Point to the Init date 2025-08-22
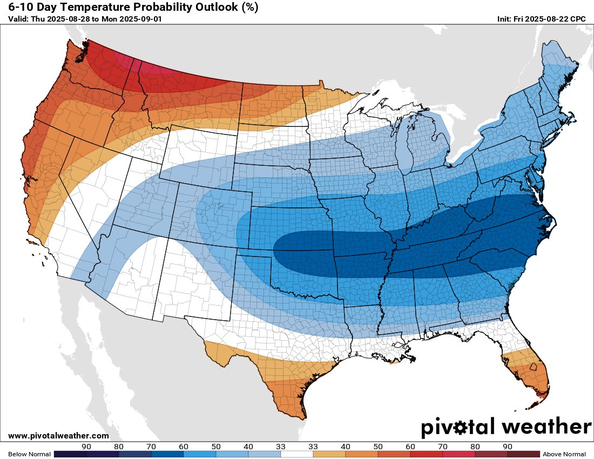[543, 19]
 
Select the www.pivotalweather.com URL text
[58, 436]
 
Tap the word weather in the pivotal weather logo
[546, 427]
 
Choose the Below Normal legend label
[29, 454]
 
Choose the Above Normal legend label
[564, 454]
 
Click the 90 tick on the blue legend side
[86, 447]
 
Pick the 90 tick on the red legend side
[508, 447]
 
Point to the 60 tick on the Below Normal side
[184, 447]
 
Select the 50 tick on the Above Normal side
[378, 447]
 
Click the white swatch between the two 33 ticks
[296, 454]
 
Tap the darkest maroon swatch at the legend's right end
[523, 454]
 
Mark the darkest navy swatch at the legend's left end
[70, 454]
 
